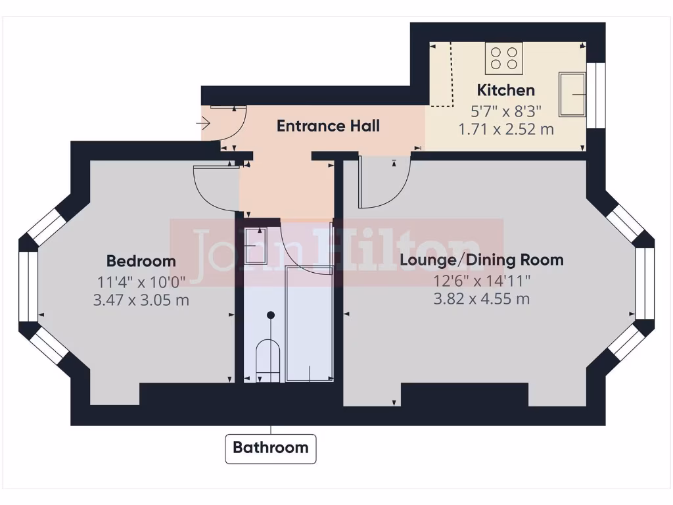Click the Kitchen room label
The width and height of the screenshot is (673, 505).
pyautogui.click(x=505, y=90)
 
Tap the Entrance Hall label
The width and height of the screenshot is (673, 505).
pyautogui.click(x=328, y=126)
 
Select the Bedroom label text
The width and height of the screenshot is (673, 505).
pyautogui.click(x=141, y=261)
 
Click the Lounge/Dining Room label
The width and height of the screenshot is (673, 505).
pyautogui.click(x=482, y=260)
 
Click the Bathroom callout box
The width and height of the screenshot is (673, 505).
pyautogui.click(x=271, y=448)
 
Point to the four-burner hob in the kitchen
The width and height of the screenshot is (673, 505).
pyautogui.click(x=504, y=58)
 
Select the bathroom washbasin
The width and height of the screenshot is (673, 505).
pyautogui.click(x=255, y=245)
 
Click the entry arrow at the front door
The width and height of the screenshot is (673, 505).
pyautogui.click(x=203, y=122)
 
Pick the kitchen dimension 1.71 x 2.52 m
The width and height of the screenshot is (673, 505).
pyautogui.click(x=505, y=129)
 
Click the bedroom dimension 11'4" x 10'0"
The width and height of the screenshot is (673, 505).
pyautogui.click(x=141, y=282)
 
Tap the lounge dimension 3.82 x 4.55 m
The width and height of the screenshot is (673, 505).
pyautogui.click(x=482, y=299)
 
